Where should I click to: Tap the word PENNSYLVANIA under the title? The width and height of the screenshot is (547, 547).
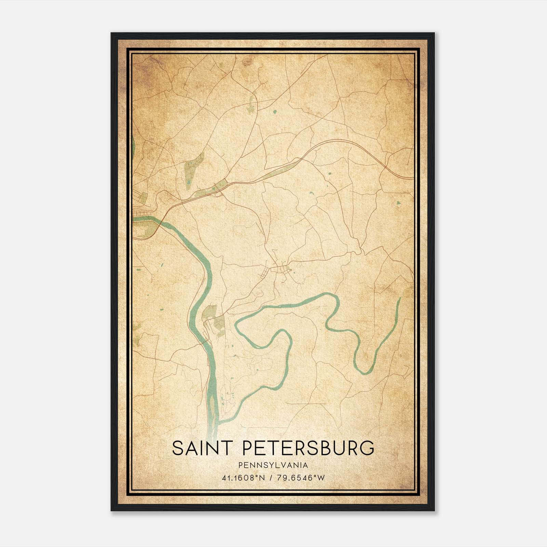click(273, 465)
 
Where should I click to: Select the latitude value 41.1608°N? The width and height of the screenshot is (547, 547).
click(243, 478)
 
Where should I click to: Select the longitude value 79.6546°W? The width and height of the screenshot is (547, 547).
click(302, 478)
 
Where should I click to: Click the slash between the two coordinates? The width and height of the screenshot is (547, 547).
click(271, 478)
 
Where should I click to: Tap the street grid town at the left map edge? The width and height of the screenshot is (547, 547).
click(140, 205)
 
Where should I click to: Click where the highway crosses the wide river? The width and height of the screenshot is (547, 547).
click(160, 222)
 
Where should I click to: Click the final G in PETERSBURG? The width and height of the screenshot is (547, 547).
click(367, 448)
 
